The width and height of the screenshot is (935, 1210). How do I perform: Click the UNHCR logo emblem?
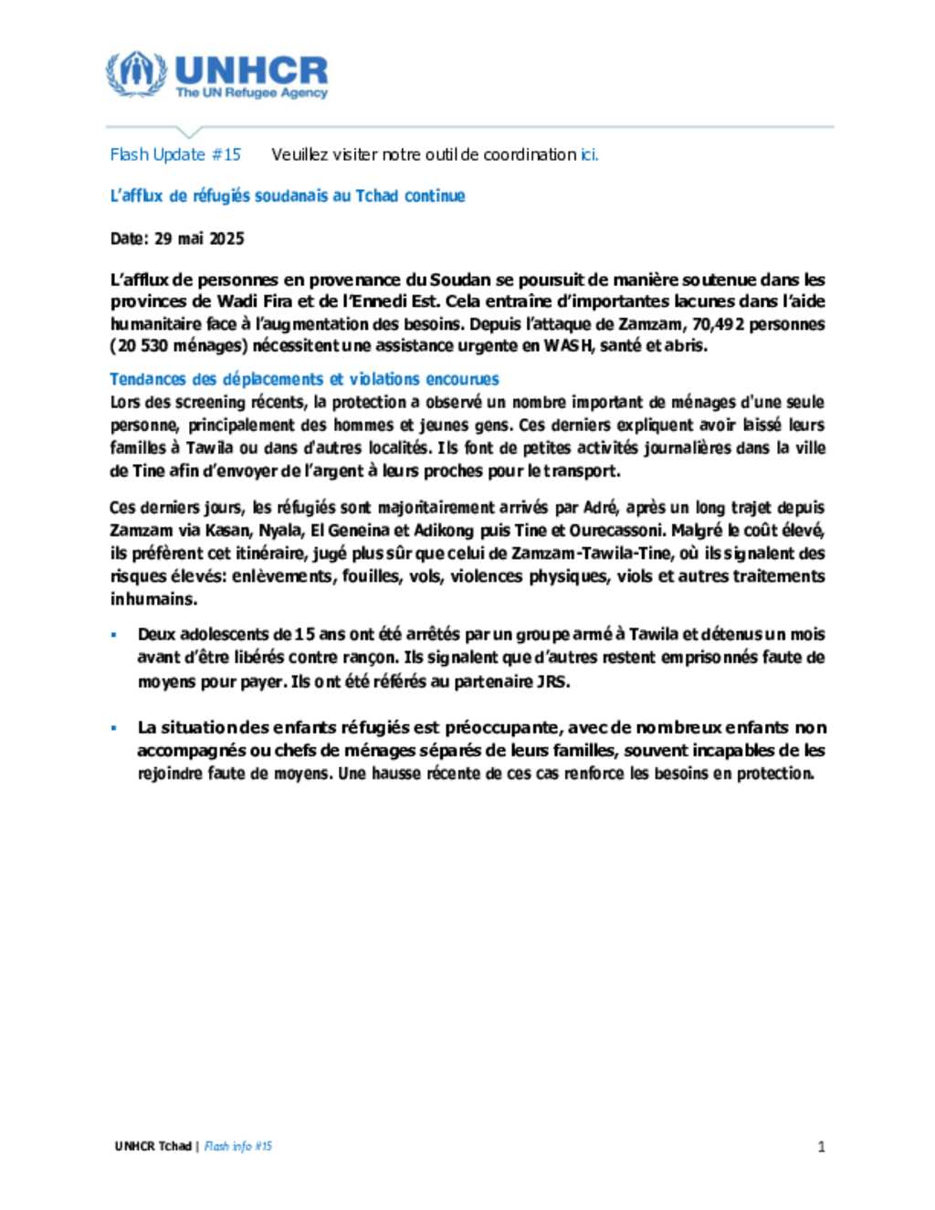click(137, 74)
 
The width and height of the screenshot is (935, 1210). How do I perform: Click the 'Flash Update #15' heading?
click(175, 154)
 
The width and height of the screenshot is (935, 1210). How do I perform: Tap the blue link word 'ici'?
click(589, 154)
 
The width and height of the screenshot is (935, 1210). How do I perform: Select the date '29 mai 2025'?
click(199, 238)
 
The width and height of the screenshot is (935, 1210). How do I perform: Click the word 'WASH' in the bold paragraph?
click(568, 345)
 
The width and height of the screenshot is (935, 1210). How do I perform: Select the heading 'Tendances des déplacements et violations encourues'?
click(304, 379)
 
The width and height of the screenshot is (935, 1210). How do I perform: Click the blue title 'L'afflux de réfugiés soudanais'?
click(287, 195)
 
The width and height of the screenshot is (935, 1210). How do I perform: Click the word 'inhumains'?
click(152, 599)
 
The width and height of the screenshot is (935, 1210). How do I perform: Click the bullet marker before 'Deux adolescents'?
click(114, 634)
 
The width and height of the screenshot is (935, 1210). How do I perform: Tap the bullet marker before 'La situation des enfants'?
click(114, 728)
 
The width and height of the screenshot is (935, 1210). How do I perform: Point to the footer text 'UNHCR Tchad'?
click(152, 1146)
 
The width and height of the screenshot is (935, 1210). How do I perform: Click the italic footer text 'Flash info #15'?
click(238, 1146)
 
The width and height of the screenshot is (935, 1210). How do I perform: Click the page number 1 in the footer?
click(821, 1147)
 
